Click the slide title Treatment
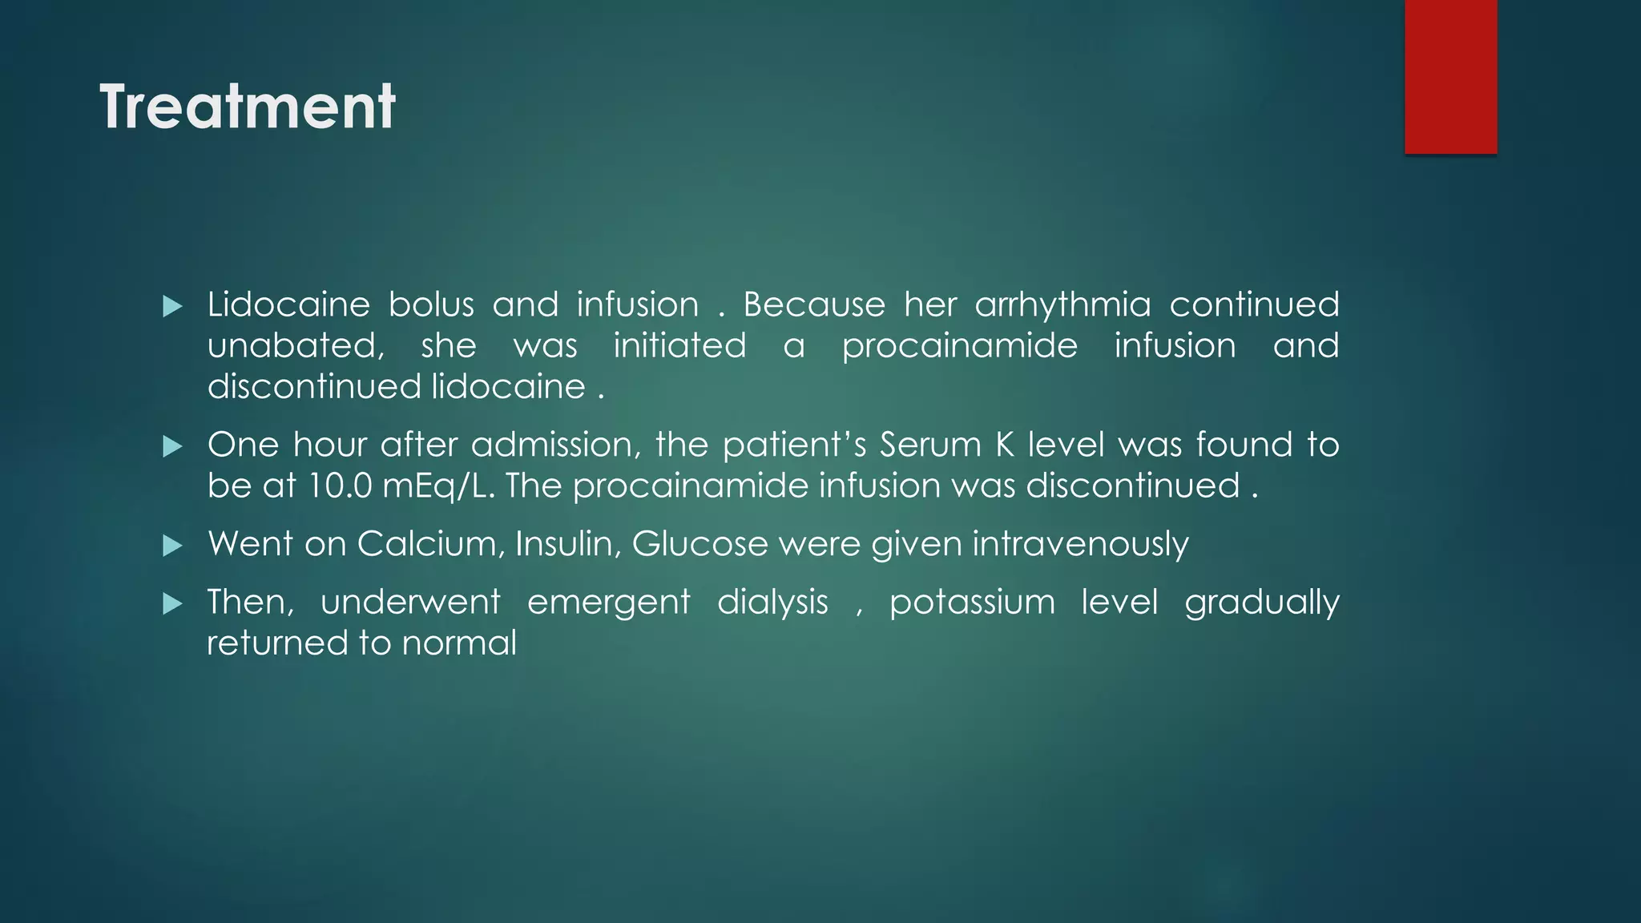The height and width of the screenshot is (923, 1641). click(x=248, y=107)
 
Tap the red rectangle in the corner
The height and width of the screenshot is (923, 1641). click(x=1450, y=76)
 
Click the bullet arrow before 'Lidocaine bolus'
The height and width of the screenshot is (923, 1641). click(x=172, y=306)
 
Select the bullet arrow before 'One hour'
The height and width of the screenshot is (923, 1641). click(x=172, y=446)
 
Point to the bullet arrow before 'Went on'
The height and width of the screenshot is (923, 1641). click(x=172, y=546)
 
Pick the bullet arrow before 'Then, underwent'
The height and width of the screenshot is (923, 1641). click(x=172, y=603)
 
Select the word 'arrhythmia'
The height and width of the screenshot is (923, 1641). click(x=1062, y=305)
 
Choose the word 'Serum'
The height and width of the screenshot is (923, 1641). click(x=930, y=445)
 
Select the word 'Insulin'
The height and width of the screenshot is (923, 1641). click(x=568, y=545)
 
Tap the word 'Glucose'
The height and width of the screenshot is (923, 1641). click(x=700, y=545)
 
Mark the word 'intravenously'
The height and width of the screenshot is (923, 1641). click(x=1080, y=545)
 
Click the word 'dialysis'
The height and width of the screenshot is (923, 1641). click(x=772, y=603)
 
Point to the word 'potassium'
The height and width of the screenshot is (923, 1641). click(x=972, y=603)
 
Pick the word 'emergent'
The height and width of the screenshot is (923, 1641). click(x=608, y=603)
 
